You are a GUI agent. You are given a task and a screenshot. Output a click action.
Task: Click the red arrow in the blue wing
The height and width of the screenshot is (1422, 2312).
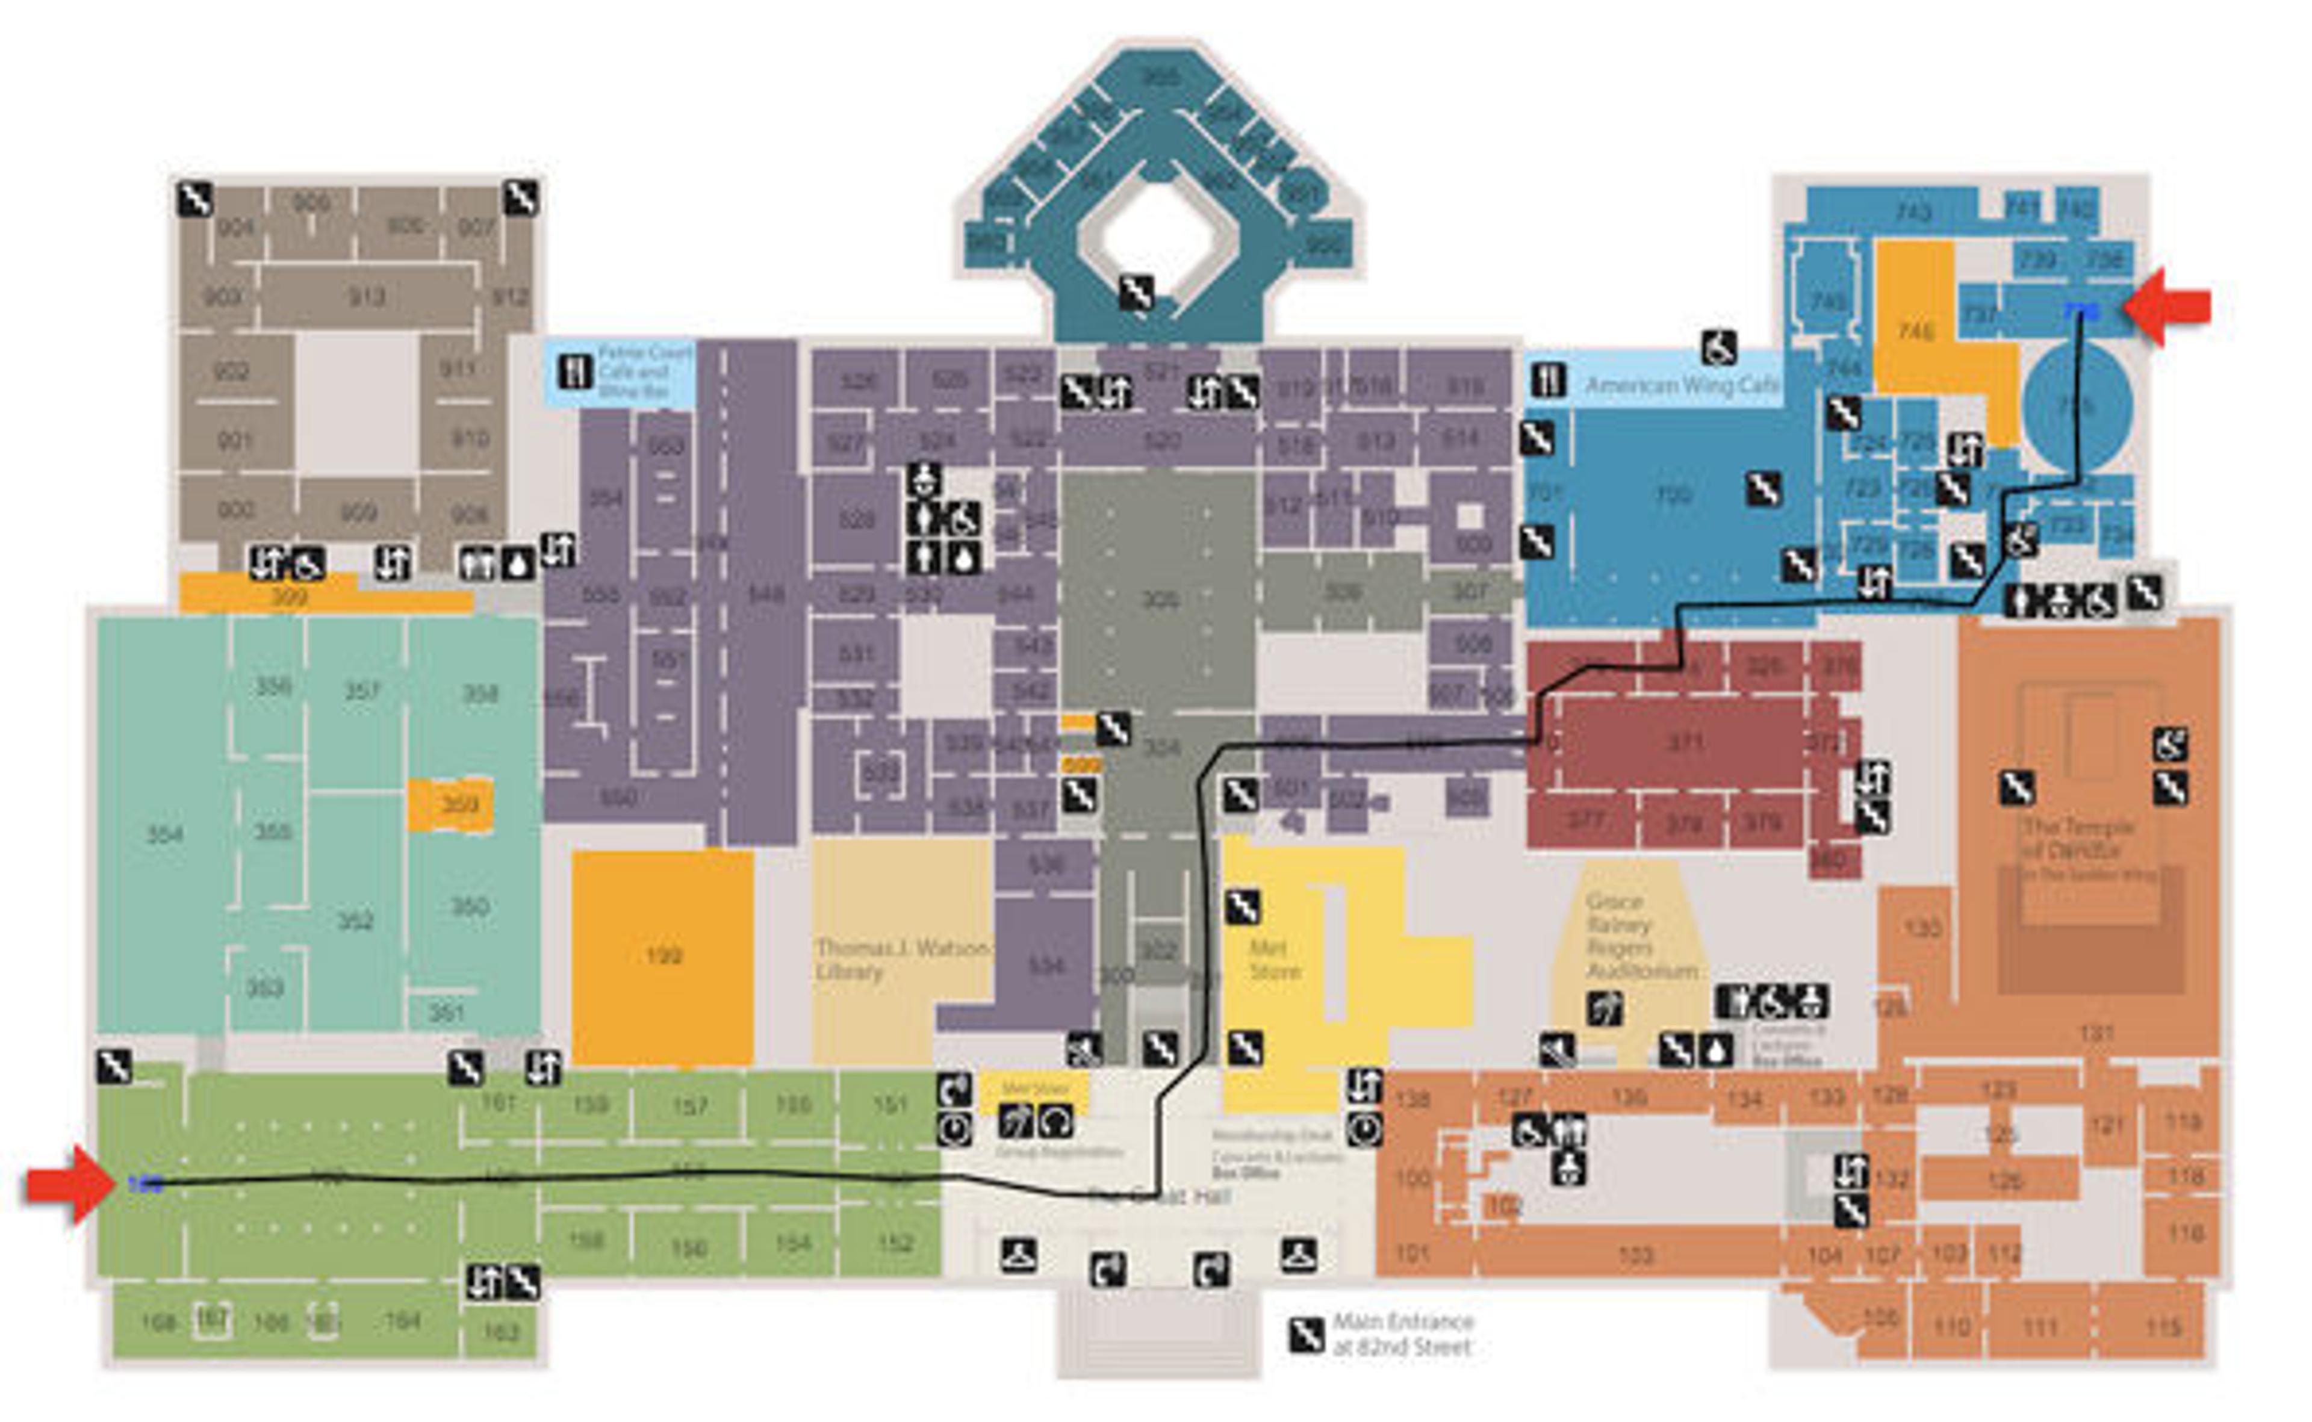coord(2168,306)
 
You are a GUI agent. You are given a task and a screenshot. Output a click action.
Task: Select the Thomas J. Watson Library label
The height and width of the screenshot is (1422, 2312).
coord(901,959)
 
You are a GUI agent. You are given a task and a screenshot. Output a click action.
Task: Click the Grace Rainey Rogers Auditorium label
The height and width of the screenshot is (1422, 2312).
coord(1641,935)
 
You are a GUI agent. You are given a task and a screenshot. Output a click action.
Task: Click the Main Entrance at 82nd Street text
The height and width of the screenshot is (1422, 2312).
coord(1402,1334)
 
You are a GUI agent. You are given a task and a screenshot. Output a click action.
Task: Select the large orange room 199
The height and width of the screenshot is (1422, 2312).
coord(663,957)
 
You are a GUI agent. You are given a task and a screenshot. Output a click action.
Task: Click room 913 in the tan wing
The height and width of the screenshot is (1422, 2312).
coord(367,297)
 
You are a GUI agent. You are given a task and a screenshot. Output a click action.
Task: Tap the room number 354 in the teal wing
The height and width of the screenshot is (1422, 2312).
coord(164,834)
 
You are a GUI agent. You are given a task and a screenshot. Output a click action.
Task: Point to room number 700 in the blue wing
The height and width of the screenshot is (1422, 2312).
coord(1673,495)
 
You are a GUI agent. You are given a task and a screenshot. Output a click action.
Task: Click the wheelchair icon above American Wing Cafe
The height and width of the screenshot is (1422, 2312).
coord(1718,348)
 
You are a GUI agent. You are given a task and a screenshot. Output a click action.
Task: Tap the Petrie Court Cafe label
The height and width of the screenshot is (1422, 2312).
coord(644,371)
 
